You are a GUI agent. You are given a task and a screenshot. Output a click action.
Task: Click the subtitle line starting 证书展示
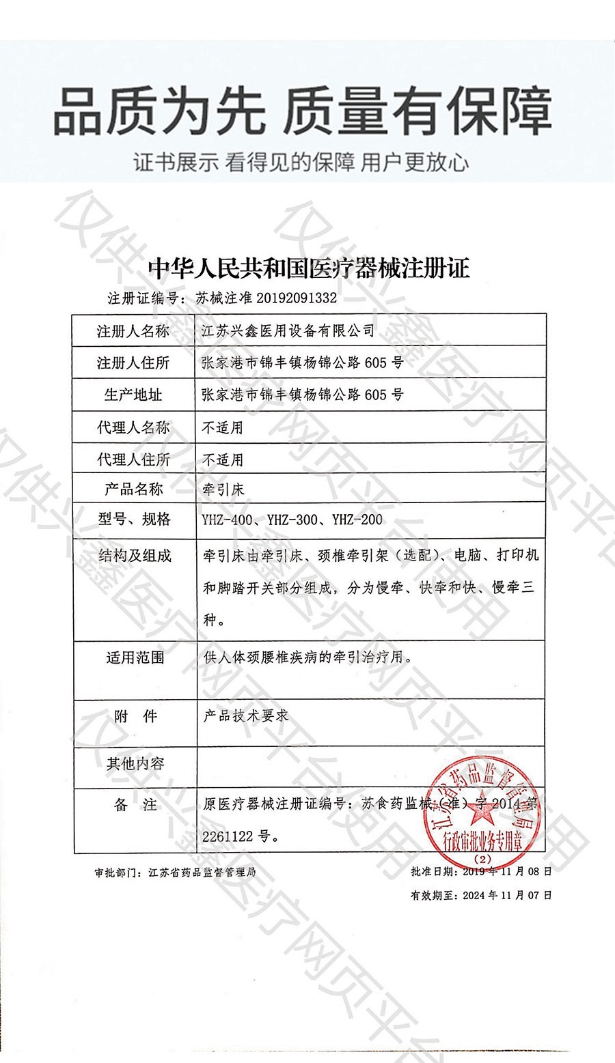301,162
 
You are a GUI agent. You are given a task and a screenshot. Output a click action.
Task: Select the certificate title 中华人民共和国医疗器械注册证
309,268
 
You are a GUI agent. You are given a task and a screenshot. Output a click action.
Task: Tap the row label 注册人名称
133,332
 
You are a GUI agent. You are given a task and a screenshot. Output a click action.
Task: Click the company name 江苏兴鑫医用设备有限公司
288,331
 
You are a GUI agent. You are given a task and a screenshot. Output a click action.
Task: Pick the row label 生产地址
133,395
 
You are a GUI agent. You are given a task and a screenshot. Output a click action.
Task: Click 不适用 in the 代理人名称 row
223,428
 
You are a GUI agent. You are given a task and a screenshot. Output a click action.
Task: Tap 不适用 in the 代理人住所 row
223,459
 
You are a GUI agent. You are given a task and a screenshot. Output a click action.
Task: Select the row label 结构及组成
134,556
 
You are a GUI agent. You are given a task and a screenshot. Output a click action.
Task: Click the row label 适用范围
135,658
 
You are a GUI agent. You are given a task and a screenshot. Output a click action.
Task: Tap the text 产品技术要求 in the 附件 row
245,715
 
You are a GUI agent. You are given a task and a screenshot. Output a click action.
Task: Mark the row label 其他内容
135,763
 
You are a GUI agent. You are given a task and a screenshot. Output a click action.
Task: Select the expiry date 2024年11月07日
506,895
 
